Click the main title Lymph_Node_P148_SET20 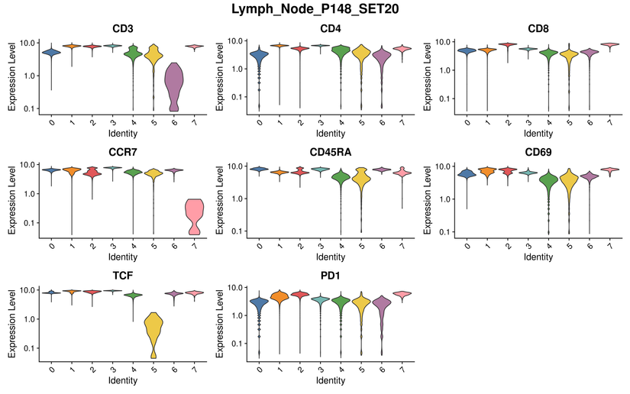315,10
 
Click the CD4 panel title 329,29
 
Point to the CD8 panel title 538,29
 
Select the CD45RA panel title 329,152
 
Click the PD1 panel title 329,276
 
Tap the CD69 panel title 538,152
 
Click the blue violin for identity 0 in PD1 259,304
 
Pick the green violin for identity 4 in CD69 548,183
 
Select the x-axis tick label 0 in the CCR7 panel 50,246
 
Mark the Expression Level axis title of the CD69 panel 430,197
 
